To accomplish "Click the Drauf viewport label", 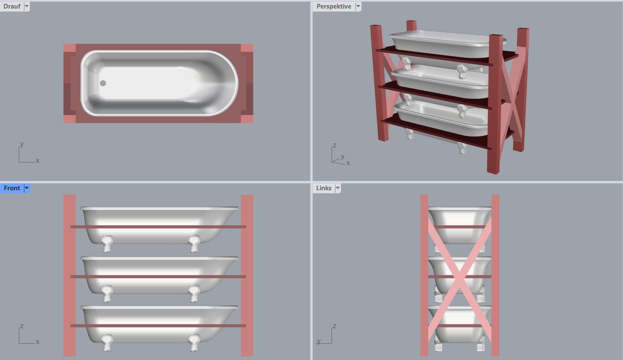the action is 12,6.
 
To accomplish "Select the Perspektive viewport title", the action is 334,6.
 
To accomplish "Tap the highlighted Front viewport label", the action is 12,188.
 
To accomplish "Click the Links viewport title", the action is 324,188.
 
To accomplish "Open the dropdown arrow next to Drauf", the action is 26,6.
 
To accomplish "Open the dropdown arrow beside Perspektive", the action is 358,6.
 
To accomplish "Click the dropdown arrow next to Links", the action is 338,188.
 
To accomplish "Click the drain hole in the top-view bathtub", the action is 103,83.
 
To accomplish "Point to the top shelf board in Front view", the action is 158,227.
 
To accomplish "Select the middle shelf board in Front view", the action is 158,277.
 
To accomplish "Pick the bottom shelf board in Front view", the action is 158,326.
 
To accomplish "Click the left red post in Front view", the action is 70,275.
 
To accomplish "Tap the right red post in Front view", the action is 247,275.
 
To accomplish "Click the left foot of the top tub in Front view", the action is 107,244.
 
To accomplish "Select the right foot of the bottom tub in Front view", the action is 194,342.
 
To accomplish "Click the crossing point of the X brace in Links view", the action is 459,276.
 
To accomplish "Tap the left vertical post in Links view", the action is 424,275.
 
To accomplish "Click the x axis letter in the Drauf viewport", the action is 38,161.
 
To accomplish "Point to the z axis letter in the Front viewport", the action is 22,326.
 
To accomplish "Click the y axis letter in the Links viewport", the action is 319,341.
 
